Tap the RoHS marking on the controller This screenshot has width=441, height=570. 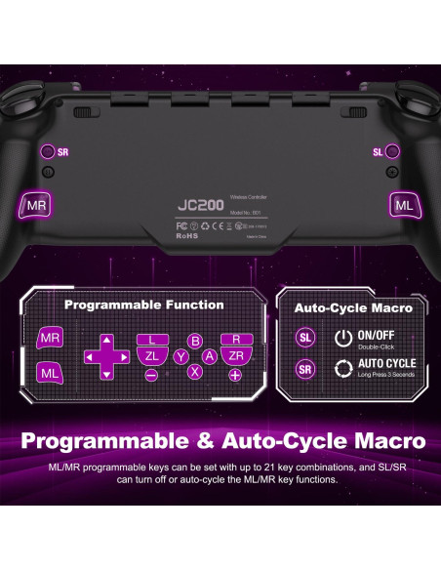(x=187, y=234)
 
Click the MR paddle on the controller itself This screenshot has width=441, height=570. (x=36, y=205)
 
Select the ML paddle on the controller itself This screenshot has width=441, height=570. (x=403, y=205)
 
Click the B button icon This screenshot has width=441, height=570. (x=195, y=342)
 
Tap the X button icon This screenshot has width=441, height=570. (x=195, y=372)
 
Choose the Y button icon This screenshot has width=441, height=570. (x=180, y=357)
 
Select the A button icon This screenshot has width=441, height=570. (x=209, y=357)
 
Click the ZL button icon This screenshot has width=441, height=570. (x=152, y=357)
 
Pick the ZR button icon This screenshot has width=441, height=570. (x=236, y=357)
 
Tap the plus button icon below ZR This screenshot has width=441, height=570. (x=235, y=375)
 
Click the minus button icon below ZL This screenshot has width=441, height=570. (x=151, y=375)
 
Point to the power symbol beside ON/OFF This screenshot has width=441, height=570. (x=343, y=338)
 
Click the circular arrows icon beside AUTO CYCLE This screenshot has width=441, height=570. (x=343, y=370)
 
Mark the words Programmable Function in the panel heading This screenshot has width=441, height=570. (x=143, y=305)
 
